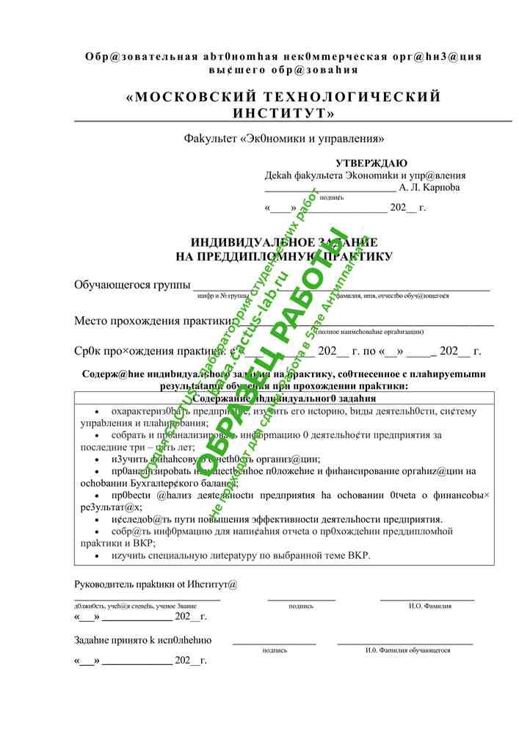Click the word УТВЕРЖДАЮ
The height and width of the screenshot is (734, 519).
(371, 163)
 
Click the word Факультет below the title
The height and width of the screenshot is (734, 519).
(211, 138)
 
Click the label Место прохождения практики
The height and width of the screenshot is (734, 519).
(153, 321)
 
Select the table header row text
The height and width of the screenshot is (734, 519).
(283, 397)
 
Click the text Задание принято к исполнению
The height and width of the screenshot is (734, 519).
(142, 640)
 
